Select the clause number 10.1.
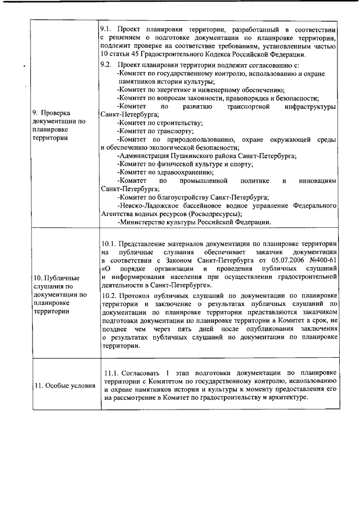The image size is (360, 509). [109, 244]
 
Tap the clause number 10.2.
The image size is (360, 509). [109, 295]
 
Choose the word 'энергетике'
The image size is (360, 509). [170, 90]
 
